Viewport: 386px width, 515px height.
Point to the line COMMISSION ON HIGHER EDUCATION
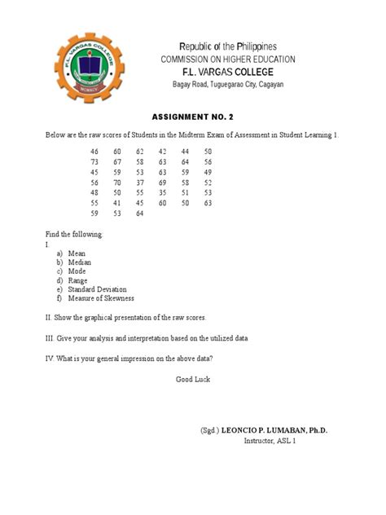tap(227, 59)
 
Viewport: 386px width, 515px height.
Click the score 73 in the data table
tap(94, 162)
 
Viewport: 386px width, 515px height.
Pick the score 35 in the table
tap(163, 193)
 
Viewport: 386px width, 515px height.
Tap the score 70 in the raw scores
tap(117, 183)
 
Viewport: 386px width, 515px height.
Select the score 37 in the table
tap(140, 183)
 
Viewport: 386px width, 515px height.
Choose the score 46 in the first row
tap(94, 152)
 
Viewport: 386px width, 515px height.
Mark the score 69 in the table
tap(163, 183)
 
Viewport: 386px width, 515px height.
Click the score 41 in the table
tap(117, 203)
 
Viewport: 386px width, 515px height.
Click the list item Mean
tap(77, 253)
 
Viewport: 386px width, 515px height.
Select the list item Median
tap(80, 262)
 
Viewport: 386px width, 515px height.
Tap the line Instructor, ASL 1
tap(270, 441)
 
